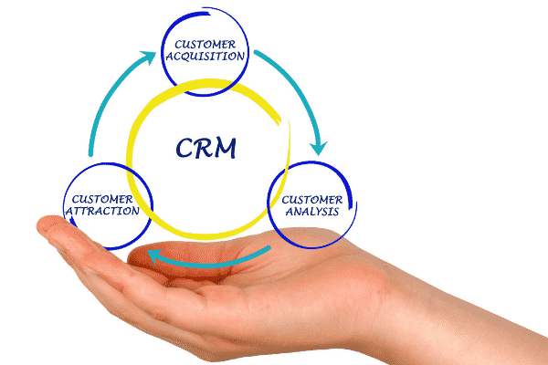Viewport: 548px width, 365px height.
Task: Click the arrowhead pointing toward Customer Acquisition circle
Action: [145, 58]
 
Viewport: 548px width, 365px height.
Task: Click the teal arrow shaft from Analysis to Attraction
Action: [219, 263]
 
